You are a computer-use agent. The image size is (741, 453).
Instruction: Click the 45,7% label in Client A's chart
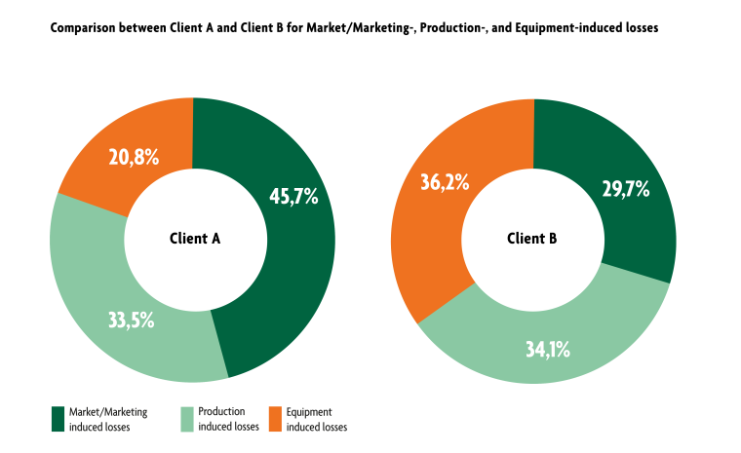tap(293, 196)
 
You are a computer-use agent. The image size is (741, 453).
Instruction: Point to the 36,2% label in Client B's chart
tap(444, 181)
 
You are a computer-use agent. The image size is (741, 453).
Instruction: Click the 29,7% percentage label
tap(625, 189)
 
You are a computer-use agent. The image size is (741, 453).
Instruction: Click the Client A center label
tap(193, 238)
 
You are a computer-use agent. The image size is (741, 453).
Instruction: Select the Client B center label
tap(532, 238)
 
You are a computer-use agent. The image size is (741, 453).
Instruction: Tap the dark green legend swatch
tap(58, 419)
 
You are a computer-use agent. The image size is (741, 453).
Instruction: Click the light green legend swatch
tap(188, 419)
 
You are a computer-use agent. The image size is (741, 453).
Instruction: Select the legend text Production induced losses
tap(227, 419)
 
